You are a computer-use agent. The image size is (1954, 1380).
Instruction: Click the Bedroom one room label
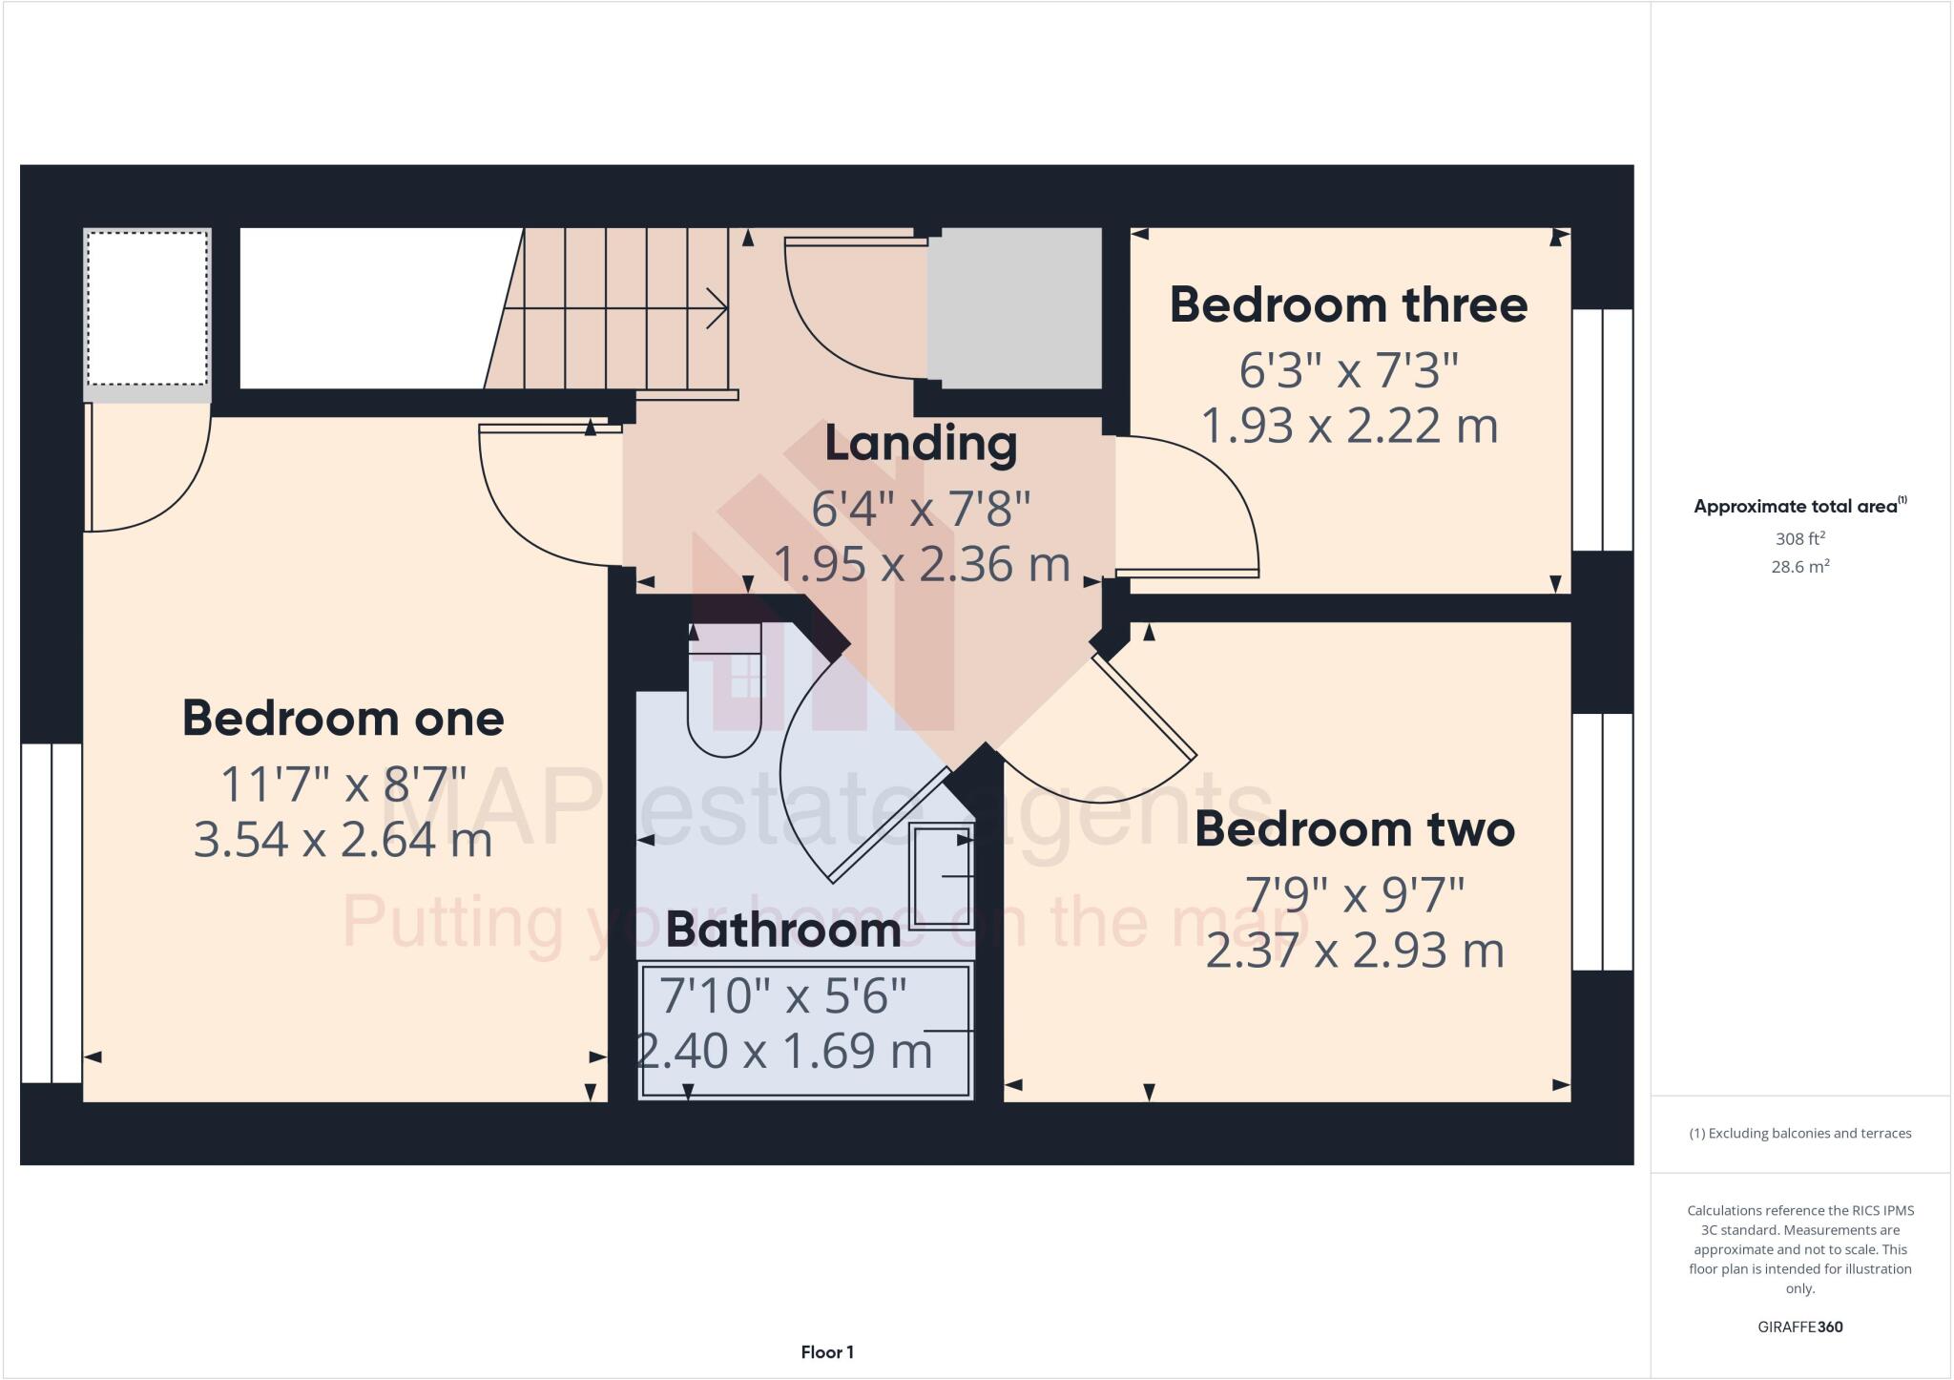click(343, 719)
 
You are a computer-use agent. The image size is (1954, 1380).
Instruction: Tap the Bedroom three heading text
click(1348, 305)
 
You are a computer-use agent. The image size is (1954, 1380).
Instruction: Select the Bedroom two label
click(1354, 829)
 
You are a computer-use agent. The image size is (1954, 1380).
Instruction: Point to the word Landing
click(921, 445)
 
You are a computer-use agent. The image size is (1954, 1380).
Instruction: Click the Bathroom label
click(782, 930)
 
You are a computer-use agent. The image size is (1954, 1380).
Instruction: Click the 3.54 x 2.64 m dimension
click(343, 841)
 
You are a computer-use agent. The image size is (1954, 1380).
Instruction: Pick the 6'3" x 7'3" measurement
click(1348, 370)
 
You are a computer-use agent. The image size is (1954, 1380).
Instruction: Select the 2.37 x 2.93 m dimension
click(1354, 951)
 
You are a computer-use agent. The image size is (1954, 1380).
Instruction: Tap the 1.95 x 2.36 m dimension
click(921, 565)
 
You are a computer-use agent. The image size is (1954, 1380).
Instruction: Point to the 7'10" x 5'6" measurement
click(782, 996)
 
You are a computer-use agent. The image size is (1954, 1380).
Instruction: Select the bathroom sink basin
click(941, 876)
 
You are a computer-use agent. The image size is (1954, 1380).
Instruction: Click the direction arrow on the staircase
click(716, 308)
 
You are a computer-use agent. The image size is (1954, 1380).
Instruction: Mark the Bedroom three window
click(1602, 429)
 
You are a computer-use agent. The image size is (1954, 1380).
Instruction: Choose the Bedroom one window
click(52, 912)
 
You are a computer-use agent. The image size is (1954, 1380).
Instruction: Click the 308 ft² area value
click(1799, 539)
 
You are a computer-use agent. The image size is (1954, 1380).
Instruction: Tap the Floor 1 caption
click(827, 1352)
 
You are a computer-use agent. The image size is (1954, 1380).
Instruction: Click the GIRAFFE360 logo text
click(1799, 1327)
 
